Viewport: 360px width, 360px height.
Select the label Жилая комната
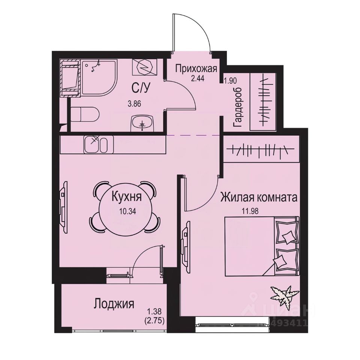point(259,197)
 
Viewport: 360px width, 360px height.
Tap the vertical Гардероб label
point(238,108)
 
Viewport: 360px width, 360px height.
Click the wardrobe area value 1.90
point(229,80)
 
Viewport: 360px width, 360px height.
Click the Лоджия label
point(114,303)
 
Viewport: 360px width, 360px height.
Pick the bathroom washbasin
point(142,123)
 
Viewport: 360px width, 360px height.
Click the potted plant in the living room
point(282,293)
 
